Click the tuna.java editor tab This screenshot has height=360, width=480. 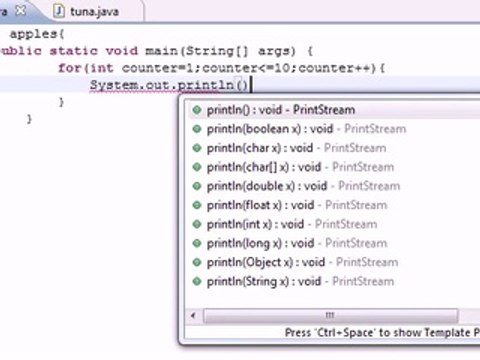click(86, 10)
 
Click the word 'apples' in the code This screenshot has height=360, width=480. click(30, 34)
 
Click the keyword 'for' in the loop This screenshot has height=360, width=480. click(69, 68)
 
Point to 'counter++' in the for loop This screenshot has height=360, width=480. click(341, 68)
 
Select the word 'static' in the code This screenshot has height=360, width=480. click(75, 51)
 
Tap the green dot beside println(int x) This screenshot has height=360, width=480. click(197, 225)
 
